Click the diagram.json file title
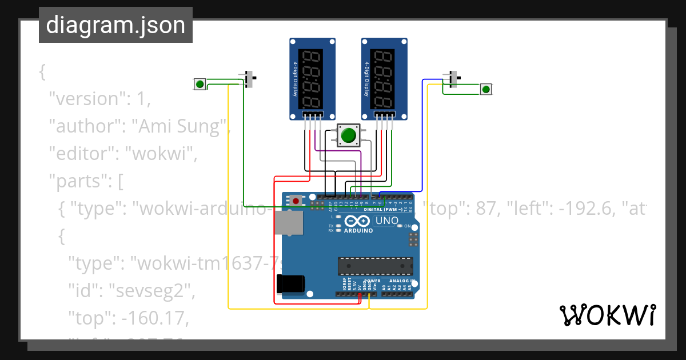point(115,25)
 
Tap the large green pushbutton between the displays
point(348,135)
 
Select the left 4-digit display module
point(312,79)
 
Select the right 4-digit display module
point(384,79)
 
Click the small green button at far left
point(200,84)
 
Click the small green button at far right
point(485,89)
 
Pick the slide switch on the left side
point(249,79)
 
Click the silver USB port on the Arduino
point(289,223)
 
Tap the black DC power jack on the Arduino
point(290,284)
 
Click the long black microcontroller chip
point(375,266)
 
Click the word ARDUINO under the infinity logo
point(358,231)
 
